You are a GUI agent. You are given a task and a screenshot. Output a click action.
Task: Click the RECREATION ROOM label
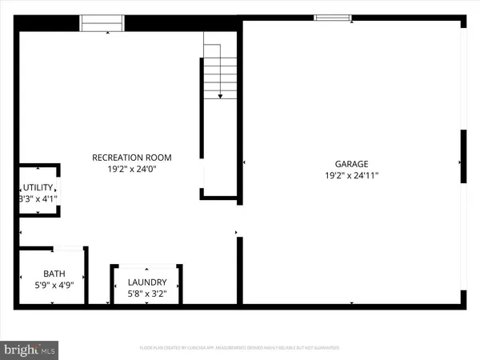[132, 158]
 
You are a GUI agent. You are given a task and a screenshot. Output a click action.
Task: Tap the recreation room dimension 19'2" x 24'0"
[132, 170]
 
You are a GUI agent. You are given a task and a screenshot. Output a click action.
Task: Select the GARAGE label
[351, 163]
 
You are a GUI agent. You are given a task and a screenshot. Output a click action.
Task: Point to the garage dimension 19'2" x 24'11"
[351, 175]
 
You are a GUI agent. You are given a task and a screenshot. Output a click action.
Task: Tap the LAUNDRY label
[147, 282]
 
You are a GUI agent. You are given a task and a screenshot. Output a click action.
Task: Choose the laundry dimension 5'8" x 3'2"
[147, 294]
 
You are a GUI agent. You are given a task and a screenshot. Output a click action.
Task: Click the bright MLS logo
[31, 349]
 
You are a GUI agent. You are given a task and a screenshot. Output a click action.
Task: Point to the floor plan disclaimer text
[240, 348]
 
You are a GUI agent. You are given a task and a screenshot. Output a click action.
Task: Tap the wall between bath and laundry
[86, 275]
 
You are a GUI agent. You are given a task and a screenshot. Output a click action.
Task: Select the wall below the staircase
[219, 195]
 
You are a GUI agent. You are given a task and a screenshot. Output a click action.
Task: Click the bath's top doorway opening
[68, 248]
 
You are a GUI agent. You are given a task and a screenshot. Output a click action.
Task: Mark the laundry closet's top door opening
[146, 264]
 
